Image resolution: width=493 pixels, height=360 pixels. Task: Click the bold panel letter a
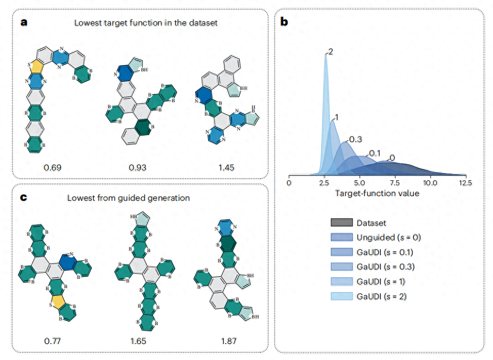(x=24, y=23)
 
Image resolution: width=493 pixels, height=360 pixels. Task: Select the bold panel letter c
(x=24, y=199)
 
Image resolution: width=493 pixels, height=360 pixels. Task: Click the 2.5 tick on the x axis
(x=324, y=183)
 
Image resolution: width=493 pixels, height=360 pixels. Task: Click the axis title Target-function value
(x=377, y=193)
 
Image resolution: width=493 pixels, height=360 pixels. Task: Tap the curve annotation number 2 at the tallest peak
(x=331, y=52)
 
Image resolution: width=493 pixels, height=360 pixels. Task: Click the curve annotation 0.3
(x=355, y=139)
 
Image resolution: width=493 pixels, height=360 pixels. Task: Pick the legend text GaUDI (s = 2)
(x=383, y=296)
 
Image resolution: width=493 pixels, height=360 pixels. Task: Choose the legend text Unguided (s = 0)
(x=388, y=237)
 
